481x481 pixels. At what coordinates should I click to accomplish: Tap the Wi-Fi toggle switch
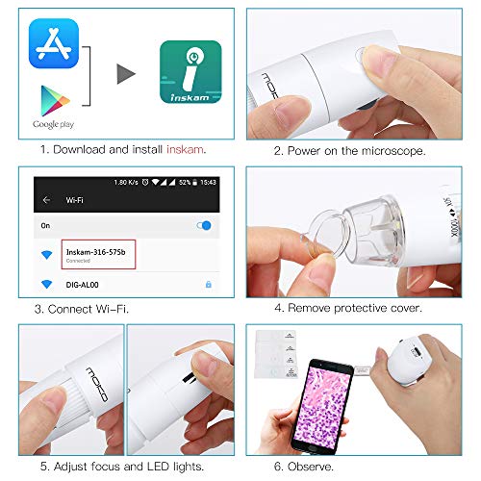click(x=205, y=225)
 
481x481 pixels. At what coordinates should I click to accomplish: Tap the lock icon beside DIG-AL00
click(x=209, y=285)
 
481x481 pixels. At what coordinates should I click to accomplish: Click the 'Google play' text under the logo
click(x=54, y=124)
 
